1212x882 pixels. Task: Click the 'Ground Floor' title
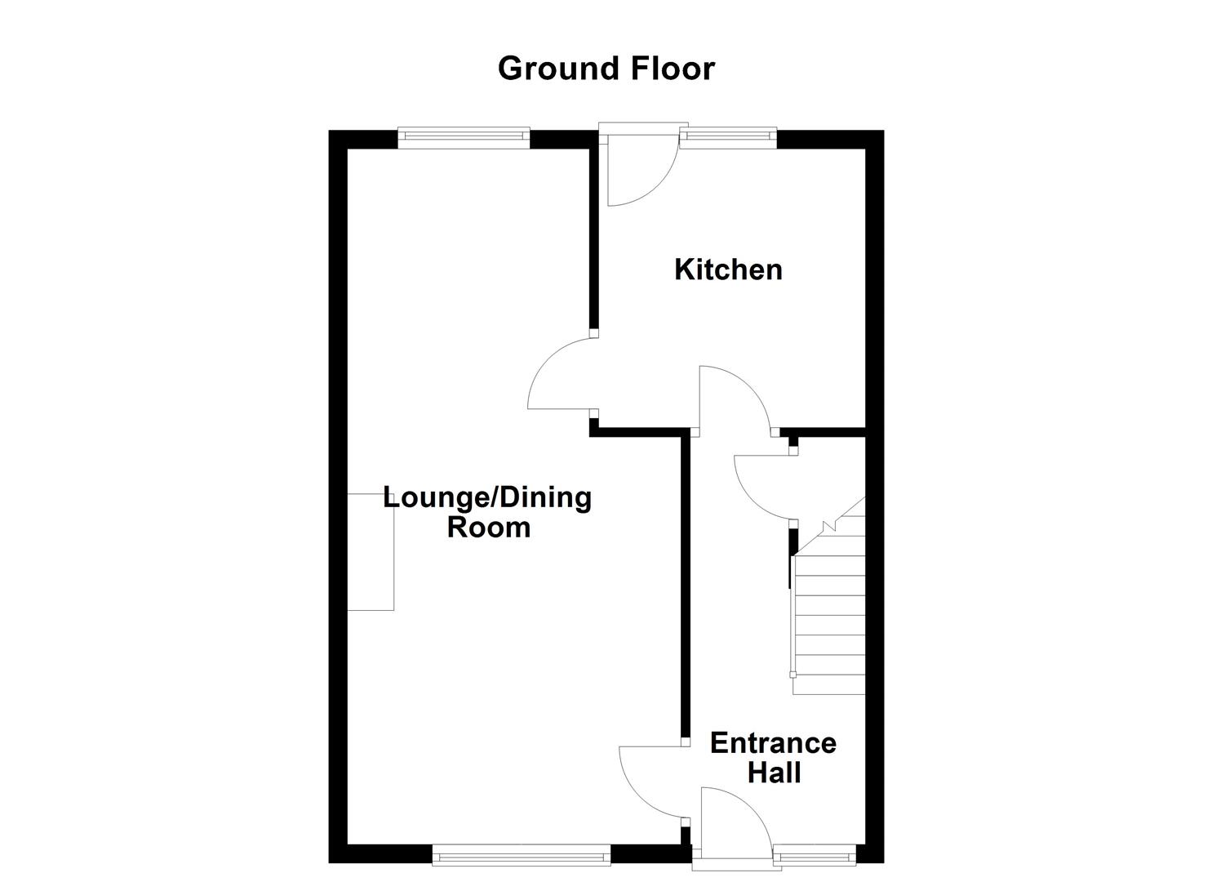606,69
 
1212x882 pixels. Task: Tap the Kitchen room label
728,269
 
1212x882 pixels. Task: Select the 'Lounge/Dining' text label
487,497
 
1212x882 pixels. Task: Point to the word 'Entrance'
772,743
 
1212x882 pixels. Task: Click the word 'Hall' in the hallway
774,773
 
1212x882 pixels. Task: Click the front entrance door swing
732,819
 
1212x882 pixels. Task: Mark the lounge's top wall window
464,138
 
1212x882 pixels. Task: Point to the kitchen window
727,138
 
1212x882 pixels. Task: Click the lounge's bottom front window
522,855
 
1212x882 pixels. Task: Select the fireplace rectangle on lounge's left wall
371,552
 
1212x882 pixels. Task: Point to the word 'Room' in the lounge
489,528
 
